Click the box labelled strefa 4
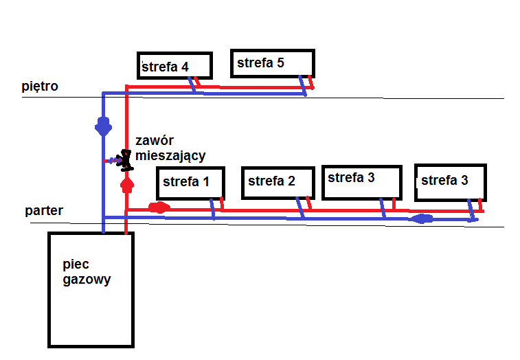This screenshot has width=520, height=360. point(174,65)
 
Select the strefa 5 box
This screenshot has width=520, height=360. point(272,63)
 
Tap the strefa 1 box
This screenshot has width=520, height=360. point(190,182)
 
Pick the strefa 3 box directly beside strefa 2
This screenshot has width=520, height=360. point(361,181)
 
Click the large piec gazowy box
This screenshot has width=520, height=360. point(91,289)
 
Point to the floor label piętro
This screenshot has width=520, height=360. point(40,87)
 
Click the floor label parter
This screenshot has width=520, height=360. point(44,211)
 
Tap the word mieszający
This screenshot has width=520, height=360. point(170,156)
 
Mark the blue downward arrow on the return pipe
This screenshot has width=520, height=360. point(103,127)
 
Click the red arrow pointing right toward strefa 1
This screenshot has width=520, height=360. point(158,207)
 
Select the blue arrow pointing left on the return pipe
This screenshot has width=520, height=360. point(420,219)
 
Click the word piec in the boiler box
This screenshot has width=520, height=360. point(75,265)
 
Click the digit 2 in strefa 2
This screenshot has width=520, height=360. point(291,181)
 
